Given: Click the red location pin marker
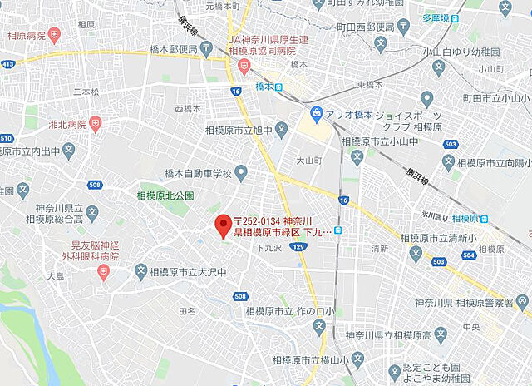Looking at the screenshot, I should (x=222, y=225).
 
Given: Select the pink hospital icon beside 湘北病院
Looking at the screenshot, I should (x=96, y=124).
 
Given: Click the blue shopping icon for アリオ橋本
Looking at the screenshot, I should (x=317, y=113).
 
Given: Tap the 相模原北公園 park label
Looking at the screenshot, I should (x=165, y=195).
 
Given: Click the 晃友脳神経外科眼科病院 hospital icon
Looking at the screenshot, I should (x=103, y=273).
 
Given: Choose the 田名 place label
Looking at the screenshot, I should (x=187, y=311).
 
